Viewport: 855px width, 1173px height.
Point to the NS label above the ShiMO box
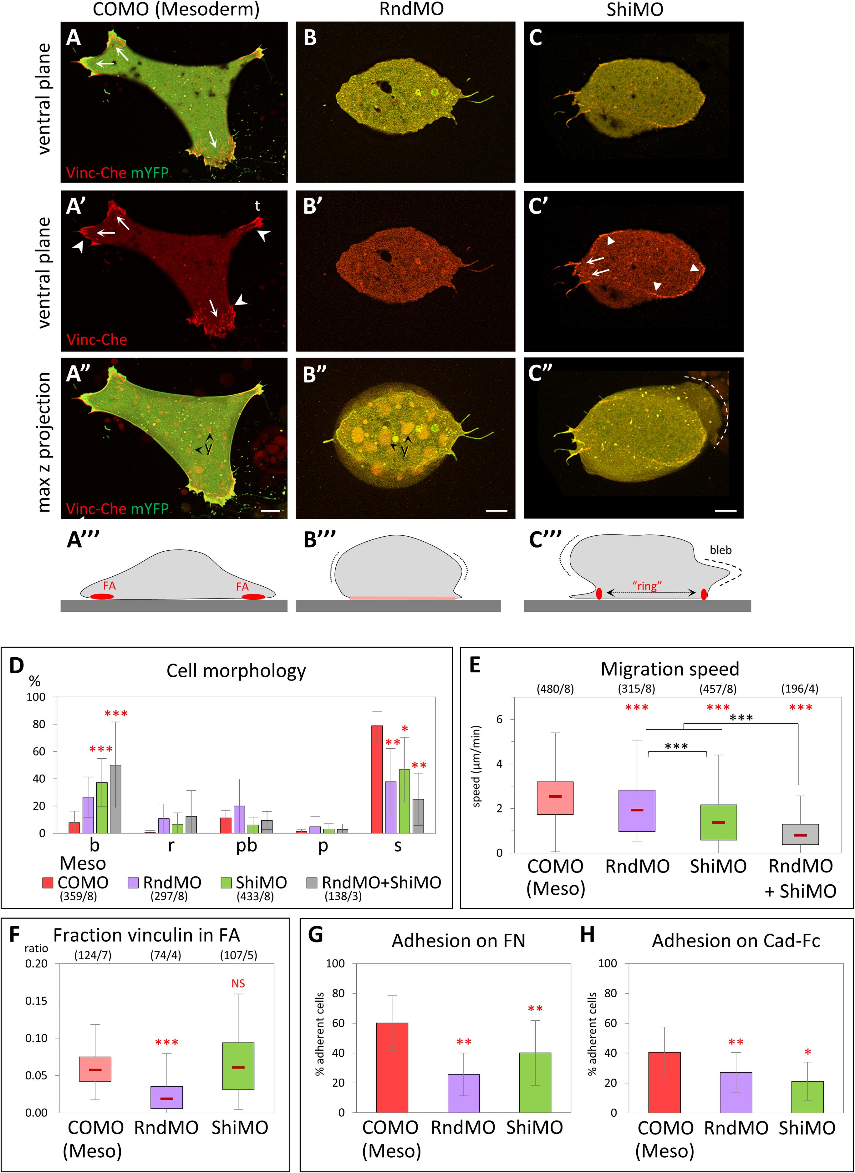[x=238, y=983]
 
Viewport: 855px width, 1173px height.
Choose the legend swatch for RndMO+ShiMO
[x=312, y=882]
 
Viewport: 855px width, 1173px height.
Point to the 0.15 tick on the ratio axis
[x=36, y=1000]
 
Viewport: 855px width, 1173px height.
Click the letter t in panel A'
[x=257, y=206]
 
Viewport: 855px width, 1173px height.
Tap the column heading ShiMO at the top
[x=634, y=9]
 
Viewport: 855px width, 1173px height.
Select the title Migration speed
[x=670, y=669]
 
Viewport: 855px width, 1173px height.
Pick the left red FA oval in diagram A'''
[x=102, y=596]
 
